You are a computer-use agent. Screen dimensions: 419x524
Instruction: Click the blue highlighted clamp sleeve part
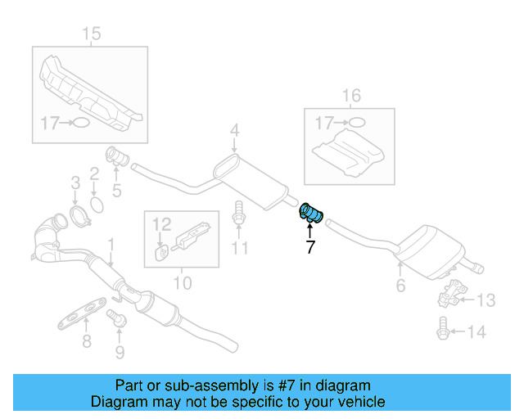[311, 214]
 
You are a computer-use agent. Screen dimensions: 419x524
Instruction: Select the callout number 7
[309, 247]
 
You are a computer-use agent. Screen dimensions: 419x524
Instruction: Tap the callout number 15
[91, 34]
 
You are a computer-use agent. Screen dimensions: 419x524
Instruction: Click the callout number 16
[350, 97]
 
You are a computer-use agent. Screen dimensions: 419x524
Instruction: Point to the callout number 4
[234, 129]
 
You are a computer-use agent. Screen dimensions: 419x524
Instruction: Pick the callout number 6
[400, 286]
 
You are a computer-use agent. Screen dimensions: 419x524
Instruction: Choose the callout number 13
[486, 300]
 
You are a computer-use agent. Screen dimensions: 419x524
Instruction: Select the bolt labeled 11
[238, 214]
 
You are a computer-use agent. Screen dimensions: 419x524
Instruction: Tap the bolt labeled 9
[120, 322]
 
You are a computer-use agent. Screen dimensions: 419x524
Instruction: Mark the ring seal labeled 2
[94, 200]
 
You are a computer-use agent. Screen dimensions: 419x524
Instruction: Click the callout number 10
[182, 283]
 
